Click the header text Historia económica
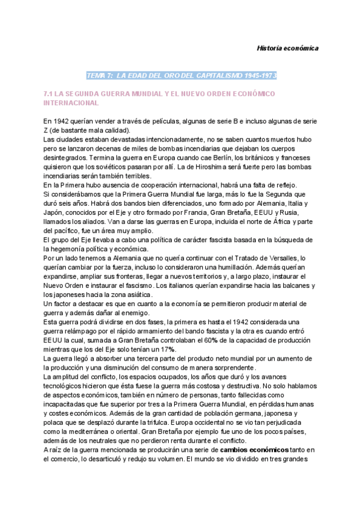tap(287, 48)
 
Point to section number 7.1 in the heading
tap(50, 94)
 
